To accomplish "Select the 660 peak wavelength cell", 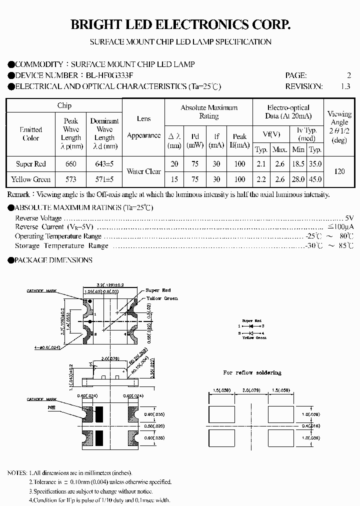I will tap(71, 164).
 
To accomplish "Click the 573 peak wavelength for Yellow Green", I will tap(71, 179).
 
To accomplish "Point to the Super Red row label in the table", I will tap(31, 164).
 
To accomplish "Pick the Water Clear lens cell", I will tap(143, 171).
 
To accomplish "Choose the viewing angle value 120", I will tap(339, 171).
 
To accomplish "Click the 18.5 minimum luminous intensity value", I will tap(298, 164).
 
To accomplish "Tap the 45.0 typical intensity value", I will tap(315, 179).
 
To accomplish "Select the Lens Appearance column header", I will tap(143, 127).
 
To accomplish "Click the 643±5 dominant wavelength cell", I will tap(104, 164).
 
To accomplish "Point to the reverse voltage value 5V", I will tap(349, 218).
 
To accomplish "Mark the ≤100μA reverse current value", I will tap(340, 227).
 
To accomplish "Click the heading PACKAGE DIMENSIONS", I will tap(53, 260).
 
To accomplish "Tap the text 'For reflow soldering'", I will tap(252, 373).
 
